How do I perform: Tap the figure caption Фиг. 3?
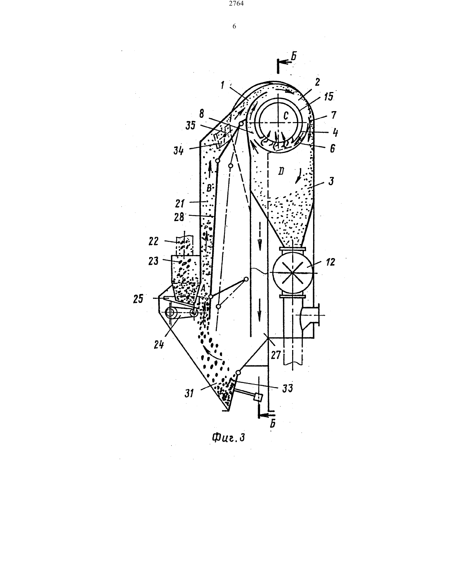(x=229, y=438)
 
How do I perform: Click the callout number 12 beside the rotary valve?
(x=331, y=262)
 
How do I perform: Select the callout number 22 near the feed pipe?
(x=154, y=241)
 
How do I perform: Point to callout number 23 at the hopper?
(x=153, y=261)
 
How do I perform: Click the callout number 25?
(x=138, y=298)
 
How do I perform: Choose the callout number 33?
(x=287, y=388)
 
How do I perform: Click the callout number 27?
(x=276, y=355)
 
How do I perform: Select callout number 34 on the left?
(x=178, y=150)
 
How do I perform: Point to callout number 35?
(x=191, y=125)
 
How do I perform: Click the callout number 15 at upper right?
(x=329, y=97)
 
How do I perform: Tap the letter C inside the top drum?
(x=286, y=116)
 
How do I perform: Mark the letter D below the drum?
(x=281, y=171)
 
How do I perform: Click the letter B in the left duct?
(x=209, y=188)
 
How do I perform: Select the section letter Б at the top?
(x=294, y=56)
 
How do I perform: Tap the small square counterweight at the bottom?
(x=258, y=397)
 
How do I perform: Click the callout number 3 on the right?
(x=331, y=181)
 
